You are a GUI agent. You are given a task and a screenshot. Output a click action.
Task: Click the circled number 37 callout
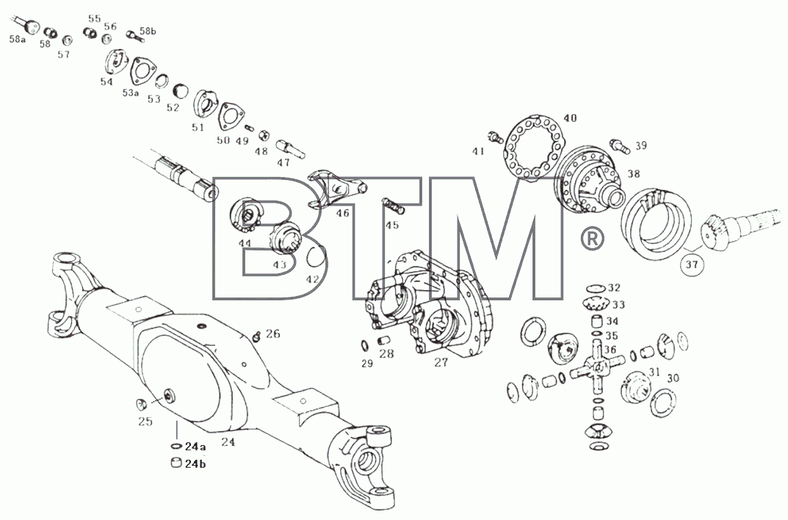tap(692, 264)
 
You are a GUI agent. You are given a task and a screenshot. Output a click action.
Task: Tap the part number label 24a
tap(195, 446)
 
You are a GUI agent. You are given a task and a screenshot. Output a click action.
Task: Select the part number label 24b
tap(195, 463)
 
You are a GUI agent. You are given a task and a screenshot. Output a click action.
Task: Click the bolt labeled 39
tap(619, 145)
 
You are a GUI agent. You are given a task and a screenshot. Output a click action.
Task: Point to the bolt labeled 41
tap(495, 136)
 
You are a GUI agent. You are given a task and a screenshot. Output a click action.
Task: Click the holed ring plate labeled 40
tap(535, 145)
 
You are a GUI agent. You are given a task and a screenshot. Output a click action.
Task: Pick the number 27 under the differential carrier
tap(441, 363)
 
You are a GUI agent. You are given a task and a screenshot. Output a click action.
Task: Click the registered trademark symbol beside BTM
tap(592, 239)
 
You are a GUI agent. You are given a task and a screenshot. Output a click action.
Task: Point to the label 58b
tap(148, 31)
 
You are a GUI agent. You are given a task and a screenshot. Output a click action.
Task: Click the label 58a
tap(17, 39)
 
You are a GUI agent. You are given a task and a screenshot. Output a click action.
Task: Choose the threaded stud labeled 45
tap(392, 204)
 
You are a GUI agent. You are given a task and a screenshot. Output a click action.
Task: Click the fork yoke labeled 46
tap(336, 189)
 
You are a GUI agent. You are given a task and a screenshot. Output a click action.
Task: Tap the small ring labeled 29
tap(365, 347)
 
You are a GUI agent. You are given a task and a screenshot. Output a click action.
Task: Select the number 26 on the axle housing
tap(273, 334)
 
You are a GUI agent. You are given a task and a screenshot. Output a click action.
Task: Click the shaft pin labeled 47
tap(291, 149)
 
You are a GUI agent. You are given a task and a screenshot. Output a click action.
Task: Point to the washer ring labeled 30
tap(663, 404)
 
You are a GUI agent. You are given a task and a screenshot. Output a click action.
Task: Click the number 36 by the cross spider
tap(610, 350)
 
